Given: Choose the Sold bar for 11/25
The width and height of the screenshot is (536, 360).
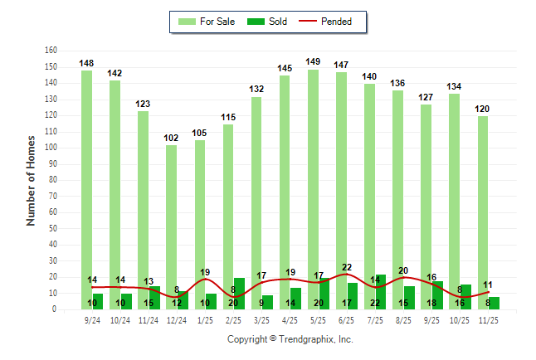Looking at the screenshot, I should point(495,303).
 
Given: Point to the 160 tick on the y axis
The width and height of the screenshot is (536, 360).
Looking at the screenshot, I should point(51,50).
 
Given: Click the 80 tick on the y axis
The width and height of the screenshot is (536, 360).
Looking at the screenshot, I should point(52,180).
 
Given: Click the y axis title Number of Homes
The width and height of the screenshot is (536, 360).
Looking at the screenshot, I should point(32,179).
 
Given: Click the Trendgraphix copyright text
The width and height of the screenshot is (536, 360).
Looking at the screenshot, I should point(290,339).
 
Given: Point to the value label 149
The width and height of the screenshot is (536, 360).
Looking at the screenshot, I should point(313,61).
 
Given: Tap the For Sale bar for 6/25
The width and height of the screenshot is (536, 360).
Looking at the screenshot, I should point(341,190).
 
